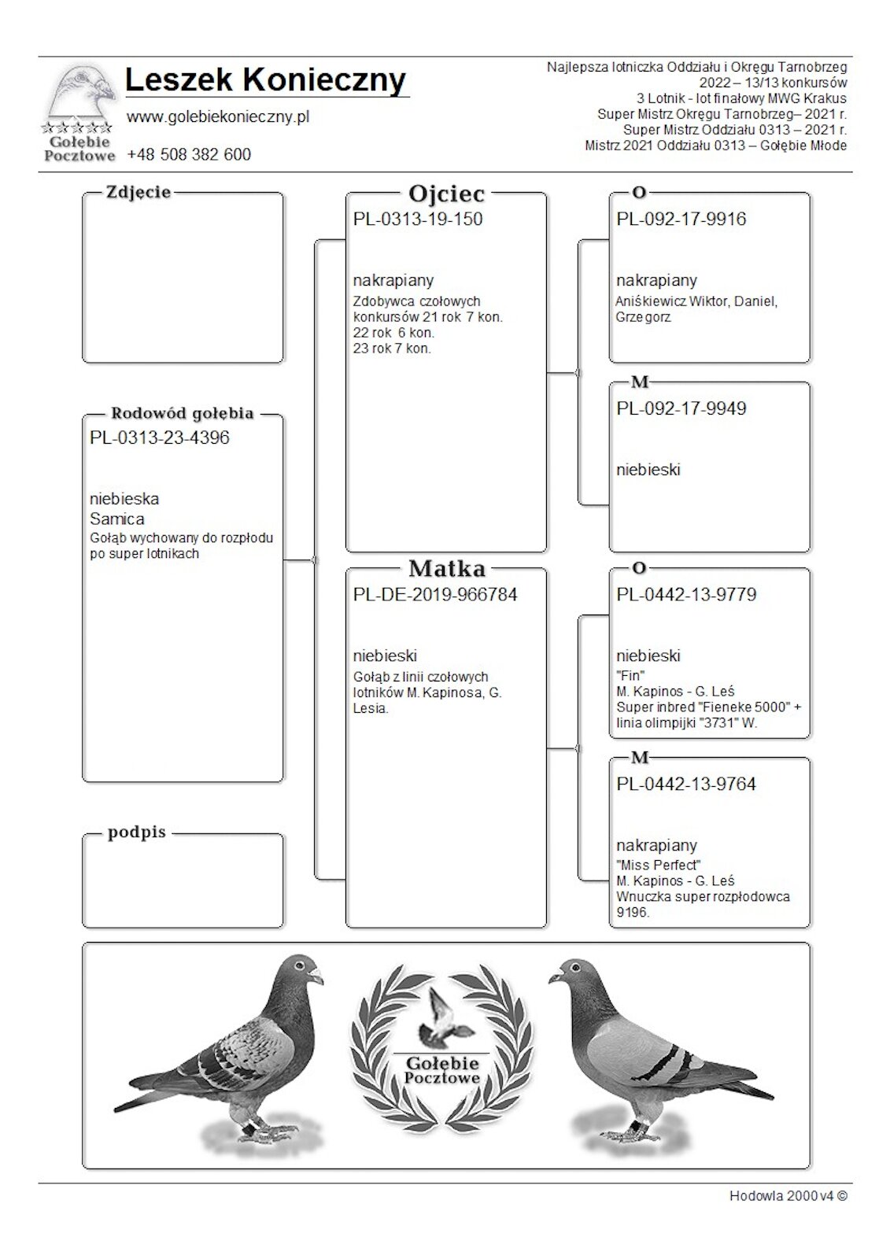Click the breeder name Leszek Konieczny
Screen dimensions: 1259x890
tap(265, 80)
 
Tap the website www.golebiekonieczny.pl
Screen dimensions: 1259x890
tap(218, 117)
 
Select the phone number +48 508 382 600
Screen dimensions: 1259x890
tap(189, 155)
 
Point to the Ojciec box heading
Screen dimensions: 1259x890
tap(446, 194)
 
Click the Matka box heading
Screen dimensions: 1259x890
tap(446, 569)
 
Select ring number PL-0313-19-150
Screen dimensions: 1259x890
tap(418, 220)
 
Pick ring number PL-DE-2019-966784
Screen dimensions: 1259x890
tap(435, 595)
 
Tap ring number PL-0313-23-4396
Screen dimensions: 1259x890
tap(160, 438)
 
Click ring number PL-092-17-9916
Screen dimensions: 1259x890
tap(681, 220)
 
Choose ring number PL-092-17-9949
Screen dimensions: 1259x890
tap(681, 409)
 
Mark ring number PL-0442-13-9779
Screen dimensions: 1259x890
tap(686, 595)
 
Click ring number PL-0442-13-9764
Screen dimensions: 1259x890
tap(686, 785)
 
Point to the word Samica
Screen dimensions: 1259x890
tap(117, 519)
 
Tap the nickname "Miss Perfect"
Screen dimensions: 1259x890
tap(659, 865)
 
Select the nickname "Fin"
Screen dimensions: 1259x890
tap(630, 675)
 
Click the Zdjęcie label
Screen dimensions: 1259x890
tap(138, 193)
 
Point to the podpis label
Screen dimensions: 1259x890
tap(137, 833)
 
